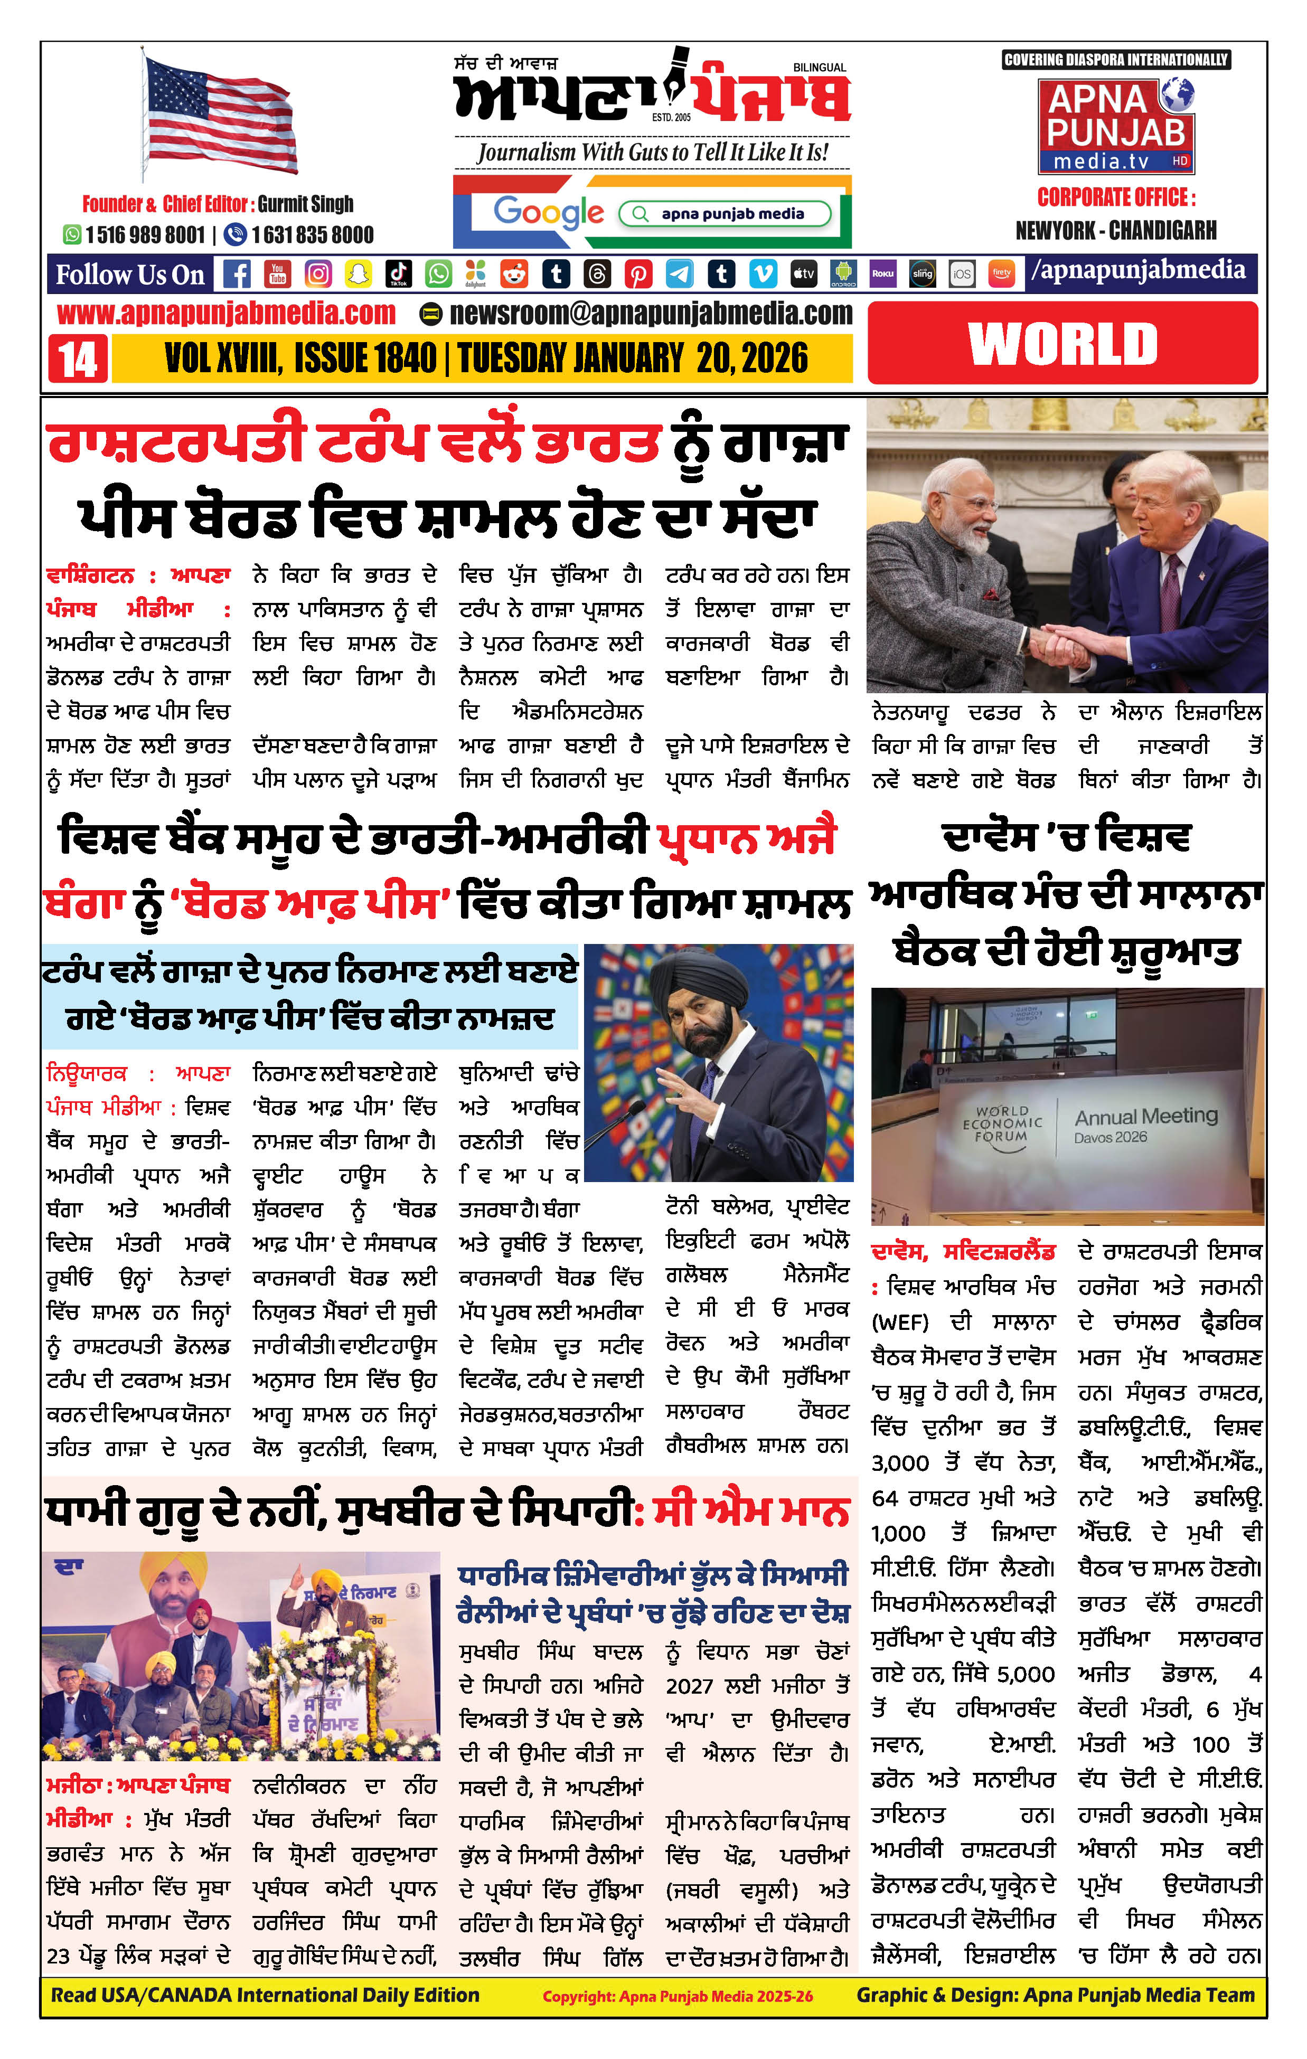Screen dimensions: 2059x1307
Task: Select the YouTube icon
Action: point(277,273)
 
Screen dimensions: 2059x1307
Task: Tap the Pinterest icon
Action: point(638,273)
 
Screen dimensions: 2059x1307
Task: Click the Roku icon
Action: point(882,273)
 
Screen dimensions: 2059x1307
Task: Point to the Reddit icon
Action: point(515,273)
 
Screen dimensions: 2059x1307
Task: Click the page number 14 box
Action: point(78,358)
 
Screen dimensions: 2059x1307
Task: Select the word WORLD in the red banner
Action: point(1062,344)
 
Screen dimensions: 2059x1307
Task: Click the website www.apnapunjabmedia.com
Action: point(226,314)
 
